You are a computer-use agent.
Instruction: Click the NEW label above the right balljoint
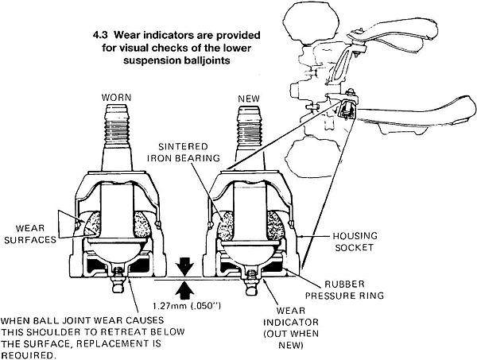pyautogui.click(x=249, y=98)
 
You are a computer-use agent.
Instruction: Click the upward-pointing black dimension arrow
pyautogui.click(x=185, y=287)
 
